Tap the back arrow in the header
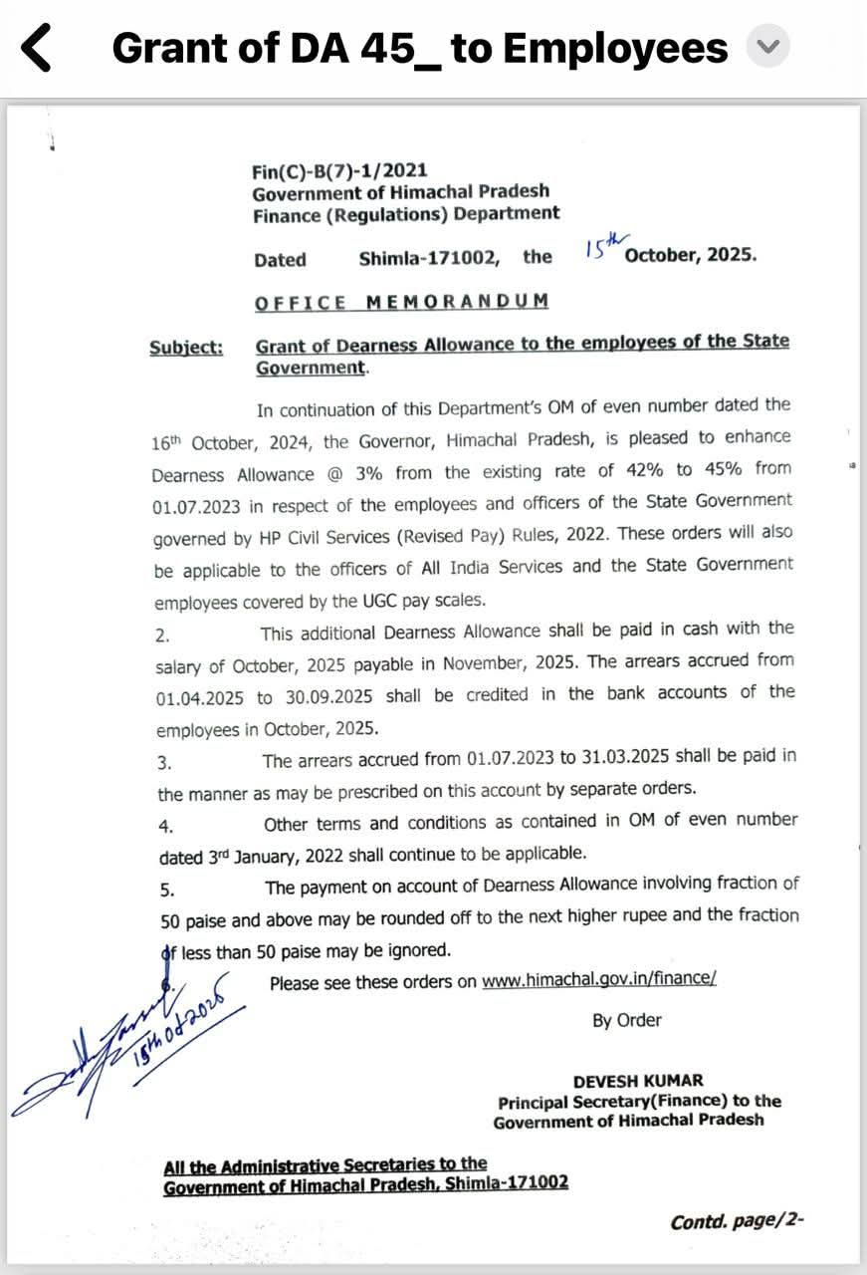coord(36,48)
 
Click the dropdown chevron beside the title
coord(767,47)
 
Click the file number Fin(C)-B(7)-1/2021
coord(339,171)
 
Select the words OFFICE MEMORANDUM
coord(401,302)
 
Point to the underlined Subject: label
coord(186,348)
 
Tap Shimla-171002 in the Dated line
coord(429,258)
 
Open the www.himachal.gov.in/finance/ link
coord(598,980)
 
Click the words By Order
coord(627,1020)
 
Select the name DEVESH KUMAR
coord(638,1081)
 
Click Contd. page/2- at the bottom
coord(737,1221)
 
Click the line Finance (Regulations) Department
coord(405,213)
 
